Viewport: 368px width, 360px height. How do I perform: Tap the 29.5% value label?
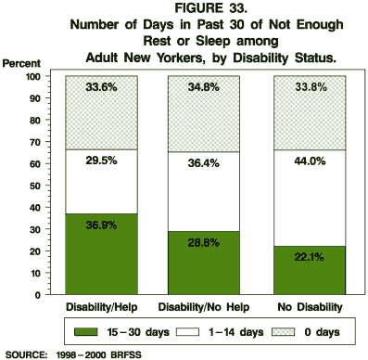pyautogui.click(x=102, y=186)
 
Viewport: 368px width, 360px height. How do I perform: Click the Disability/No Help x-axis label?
pyautogui.click(x=204, y=307)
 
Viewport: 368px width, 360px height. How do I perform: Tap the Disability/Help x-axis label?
pyautogui.click(x=101, y=307)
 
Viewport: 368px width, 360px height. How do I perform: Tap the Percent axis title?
pyautogui.click(x=21, y=63)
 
